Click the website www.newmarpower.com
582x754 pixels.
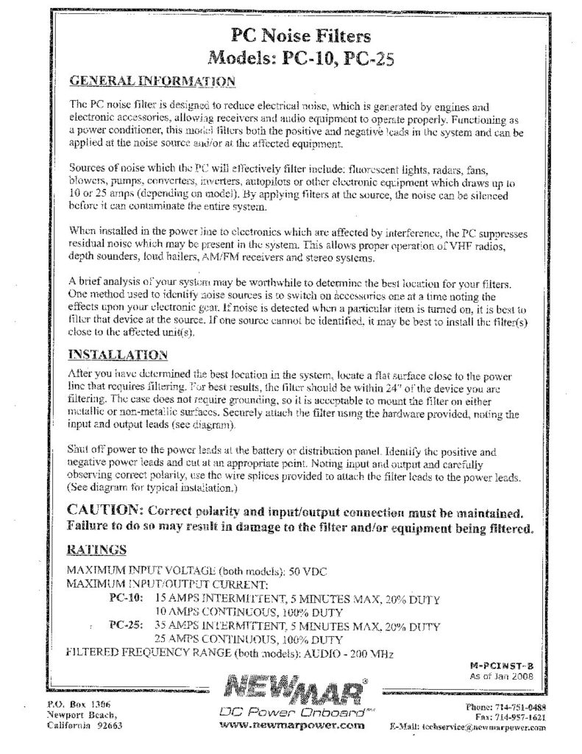pos(292,725)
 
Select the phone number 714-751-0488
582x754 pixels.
pos(519,705)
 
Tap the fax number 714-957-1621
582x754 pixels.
pos(519,715)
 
